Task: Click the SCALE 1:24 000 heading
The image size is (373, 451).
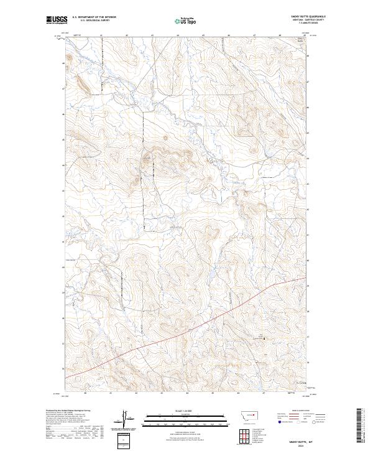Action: (186, 411)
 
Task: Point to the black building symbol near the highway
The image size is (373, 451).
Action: (265, 338)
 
